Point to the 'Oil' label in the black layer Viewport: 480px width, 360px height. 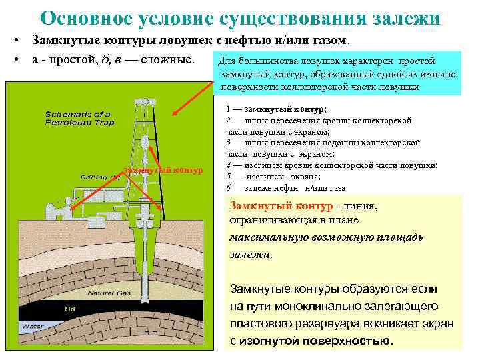tap(70, 309)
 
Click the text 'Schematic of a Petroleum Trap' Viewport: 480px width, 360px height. tap(79, 118)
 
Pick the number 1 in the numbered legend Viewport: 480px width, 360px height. tap(228, 108)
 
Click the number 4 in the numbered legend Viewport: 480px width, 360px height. tap(228, 165)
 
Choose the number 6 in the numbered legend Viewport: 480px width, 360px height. tap(228, 187)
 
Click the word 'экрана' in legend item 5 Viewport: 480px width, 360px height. tap(305, 176)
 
